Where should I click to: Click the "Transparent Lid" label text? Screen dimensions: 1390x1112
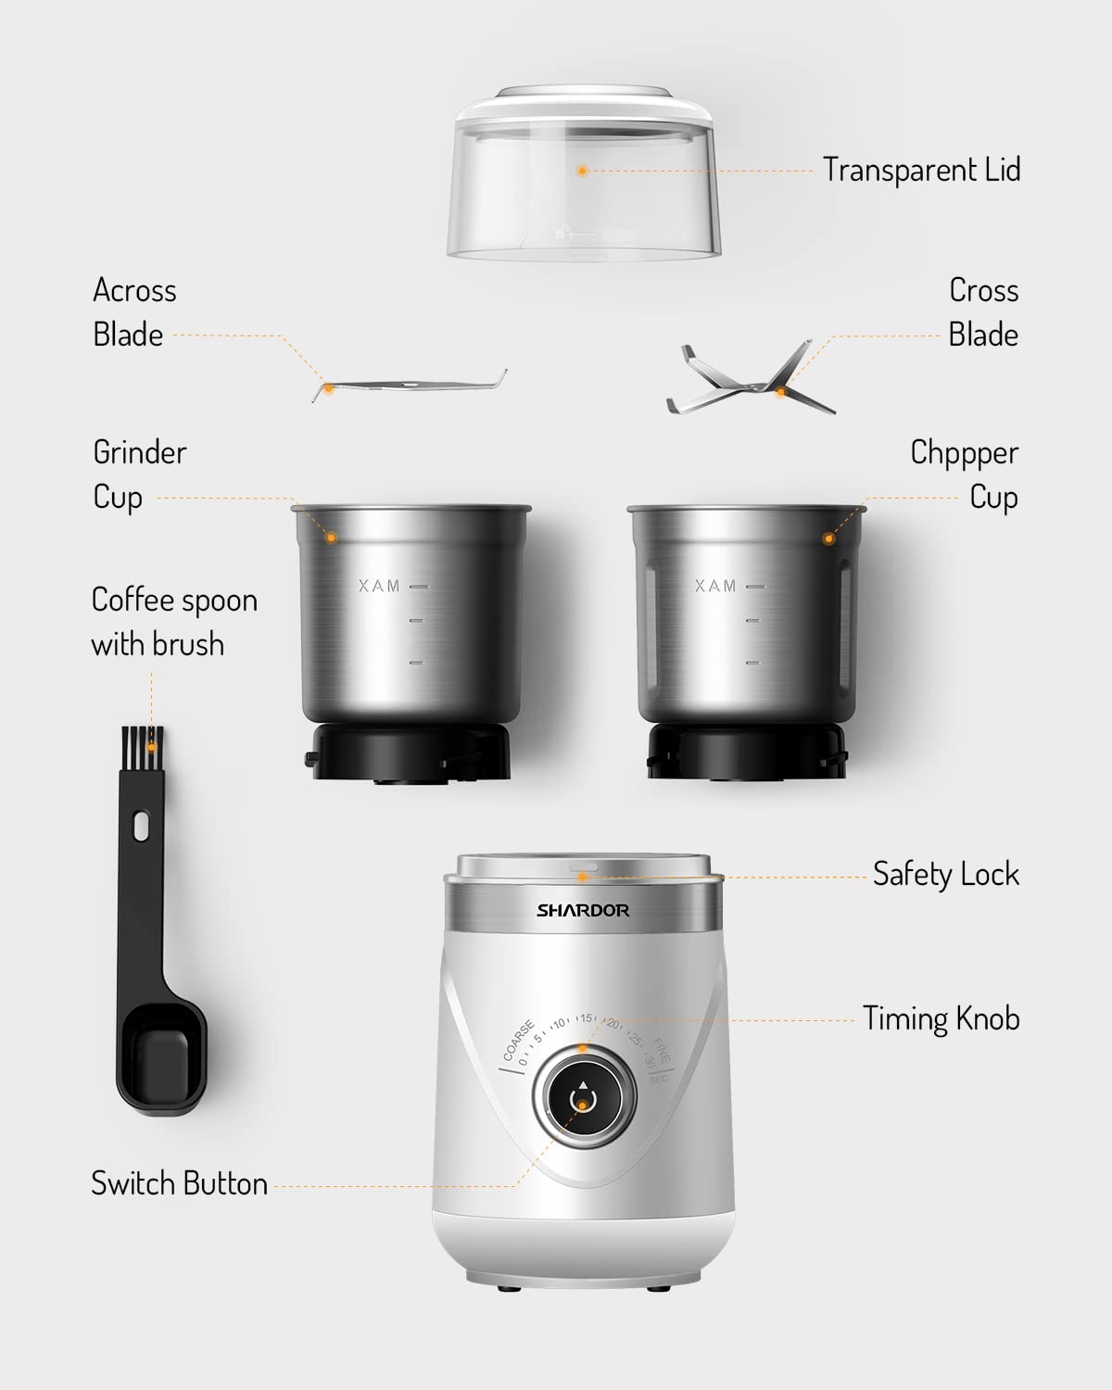tap(921, 171)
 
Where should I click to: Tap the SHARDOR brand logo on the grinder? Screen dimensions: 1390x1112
tap(583, 910)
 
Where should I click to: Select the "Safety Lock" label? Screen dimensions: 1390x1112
tap(945, 874)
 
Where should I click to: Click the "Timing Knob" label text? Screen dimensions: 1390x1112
tap(941, 1018)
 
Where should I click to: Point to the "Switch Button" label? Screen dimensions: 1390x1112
tap(179, 1183)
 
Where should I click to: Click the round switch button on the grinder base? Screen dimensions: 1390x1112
tap(583, 1099)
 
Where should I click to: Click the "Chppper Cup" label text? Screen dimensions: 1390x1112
tap(964, 474)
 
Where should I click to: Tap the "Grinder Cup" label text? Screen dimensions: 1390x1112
tap(139, 474)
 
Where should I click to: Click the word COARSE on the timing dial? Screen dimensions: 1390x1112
tap(518, 1041)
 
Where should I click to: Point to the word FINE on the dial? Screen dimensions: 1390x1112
tap(662, 1050)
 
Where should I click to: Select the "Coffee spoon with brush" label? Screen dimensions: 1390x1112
tap(173, 622)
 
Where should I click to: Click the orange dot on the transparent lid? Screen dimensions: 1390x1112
tap(582, 171)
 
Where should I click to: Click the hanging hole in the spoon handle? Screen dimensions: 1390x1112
tap(141, 826)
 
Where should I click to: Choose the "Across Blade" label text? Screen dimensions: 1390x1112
tap(133, 312)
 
